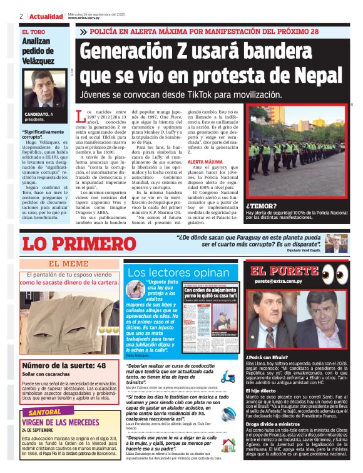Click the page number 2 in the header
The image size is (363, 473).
click(21, 16)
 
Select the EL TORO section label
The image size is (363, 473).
click(34, 31)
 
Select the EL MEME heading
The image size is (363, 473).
click(68, 263)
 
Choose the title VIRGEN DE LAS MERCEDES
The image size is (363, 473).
click(61, 422)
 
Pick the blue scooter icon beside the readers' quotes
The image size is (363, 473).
click(228, 377)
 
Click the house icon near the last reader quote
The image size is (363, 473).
click(228, 445)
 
